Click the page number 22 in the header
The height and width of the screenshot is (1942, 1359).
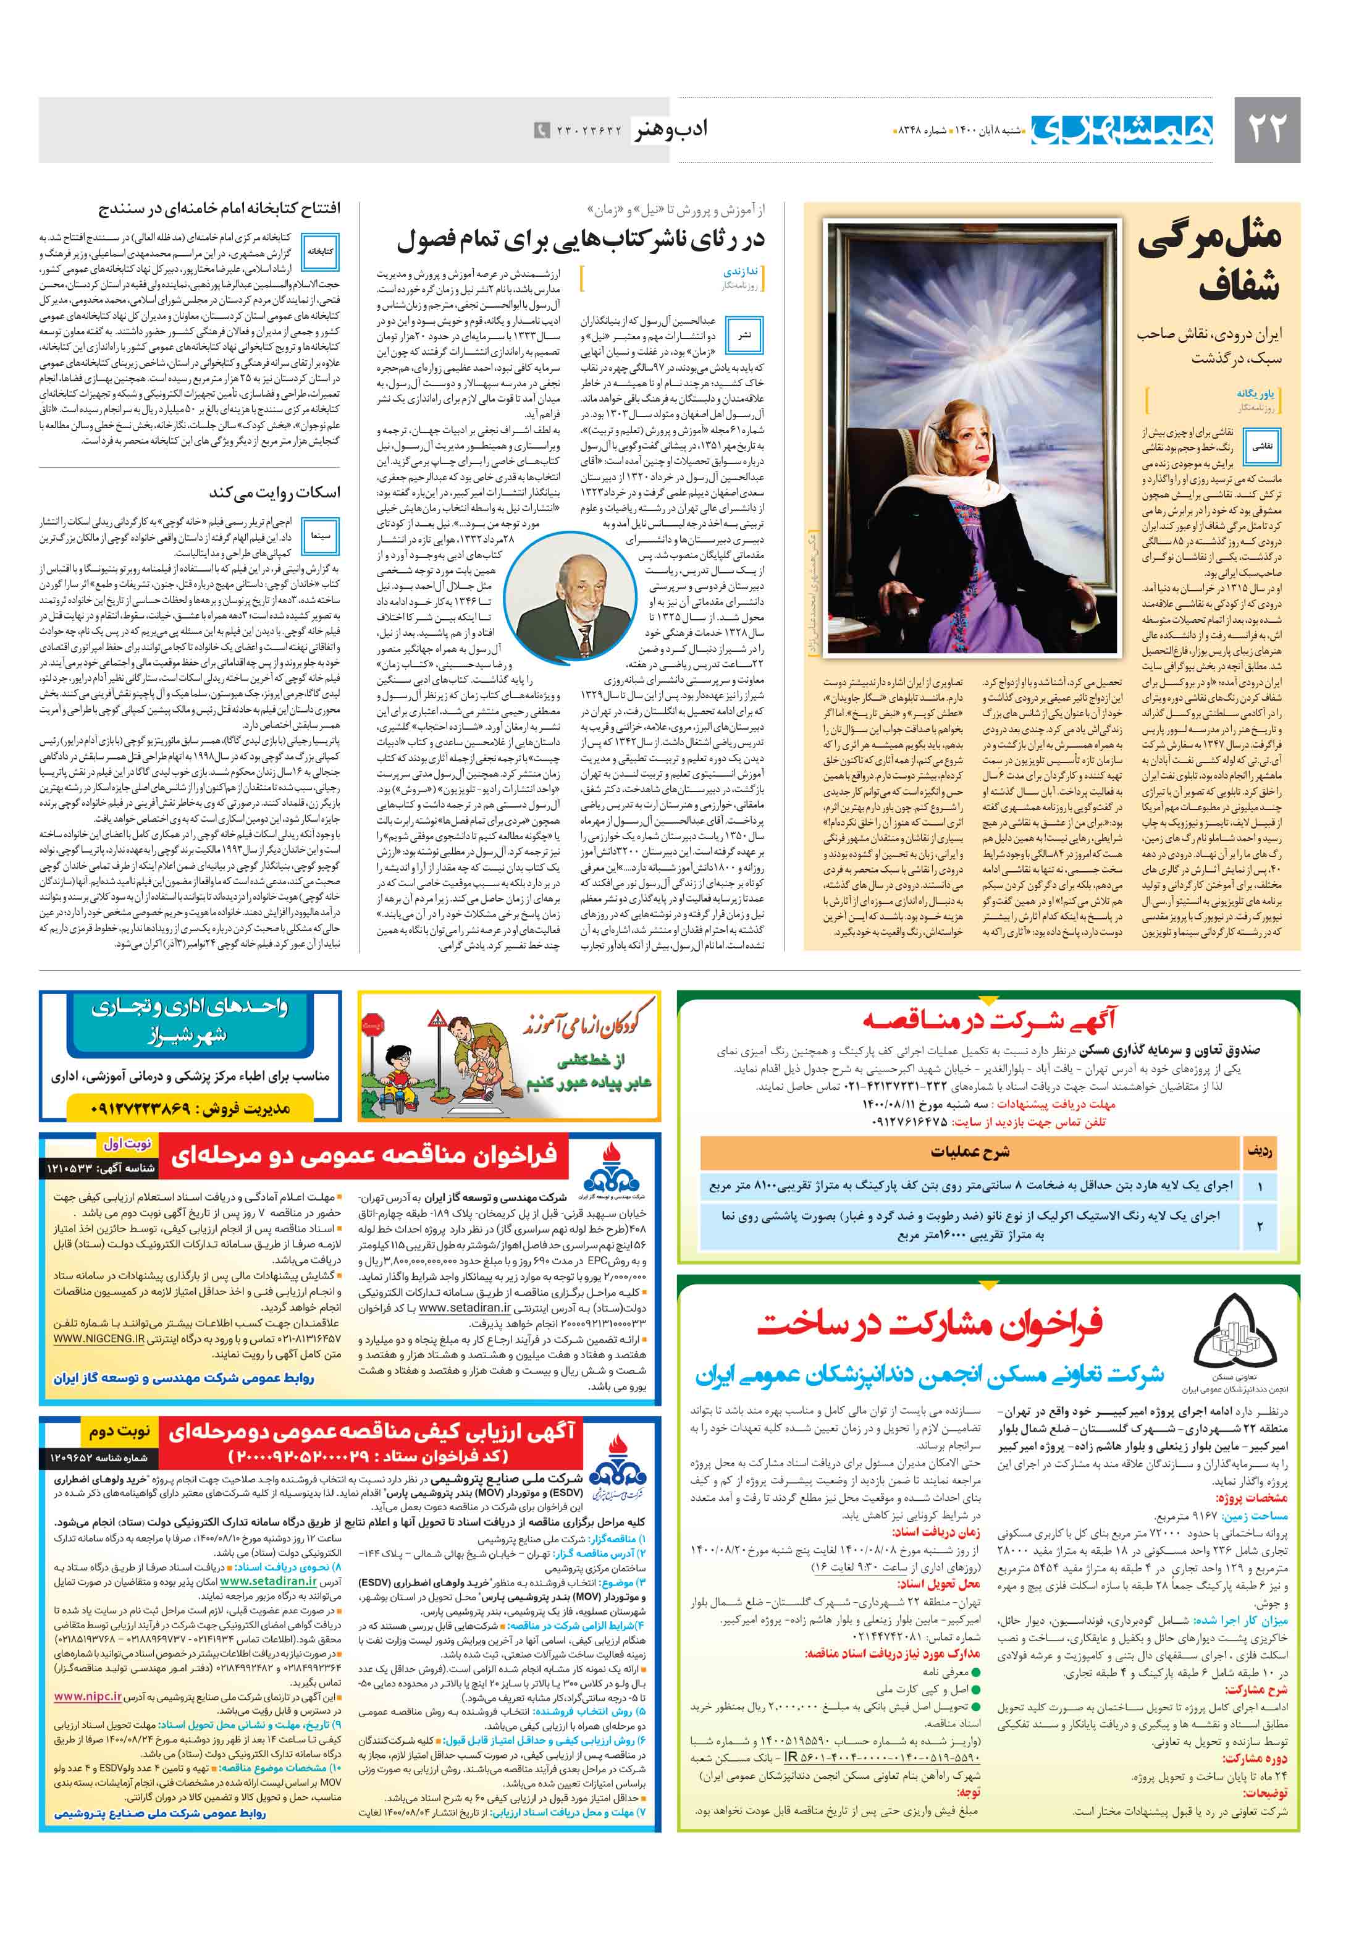(1266, 129)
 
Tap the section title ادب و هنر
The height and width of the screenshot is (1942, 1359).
(671, 129)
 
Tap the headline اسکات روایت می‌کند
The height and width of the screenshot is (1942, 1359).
(274, 493)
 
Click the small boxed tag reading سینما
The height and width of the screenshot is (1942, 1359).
(321, 536)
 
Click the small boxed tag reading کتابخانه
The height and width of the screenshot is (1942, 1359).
(321, 251)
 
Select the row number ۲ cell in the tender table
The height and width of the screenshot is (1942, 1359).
(1259, 1226)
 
